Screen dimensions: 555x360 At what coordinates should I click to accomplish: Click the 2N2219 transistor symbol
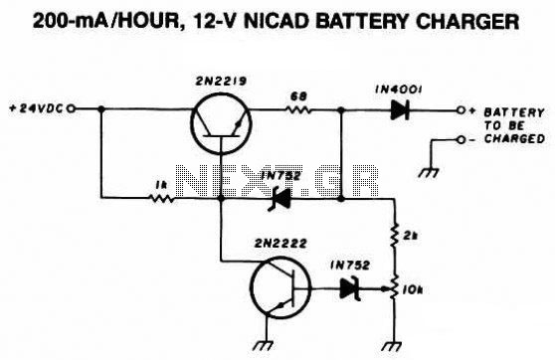221,124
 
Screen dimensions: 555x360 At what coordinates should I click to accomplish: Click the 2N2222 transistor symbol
281,287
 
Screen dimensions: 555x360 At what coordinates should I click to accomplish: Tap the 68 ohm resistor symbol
298,109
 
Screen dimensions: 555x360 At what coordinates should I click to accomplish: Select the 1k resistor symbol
162,198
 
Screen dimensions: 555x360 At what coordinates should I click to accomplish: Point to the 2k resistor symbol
394,235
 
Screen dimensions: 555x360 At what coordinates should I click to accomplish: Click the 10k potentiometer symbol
392,287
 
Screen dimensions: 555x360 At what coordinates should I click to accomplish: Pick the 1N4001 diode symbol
400,110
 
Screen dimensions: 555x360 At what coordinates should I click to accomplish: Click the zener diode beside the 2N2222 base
350,288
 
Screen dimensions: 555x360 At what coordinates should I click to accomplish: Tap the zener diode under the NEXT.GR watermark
279,199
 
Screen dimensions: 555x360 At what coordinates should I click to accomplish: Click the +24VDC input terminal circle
72,109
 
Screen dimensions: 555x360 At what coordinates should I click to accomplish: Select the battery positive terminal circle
461,110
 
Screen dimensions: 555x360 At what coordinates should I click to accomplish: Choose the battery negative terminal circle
461,140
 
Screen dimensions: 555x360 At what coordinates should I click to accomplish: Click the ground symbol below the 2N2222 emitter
264,345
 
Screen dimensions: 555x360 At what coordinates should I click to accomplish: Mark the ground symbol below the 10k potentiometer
392,346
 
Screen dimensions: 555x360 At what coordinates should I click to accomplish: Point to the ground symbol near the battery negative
429,172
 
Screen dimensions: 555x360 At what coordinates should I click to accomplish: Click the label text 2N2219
221,82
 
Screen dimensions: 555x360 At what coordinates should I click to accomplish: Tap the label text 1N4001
399,90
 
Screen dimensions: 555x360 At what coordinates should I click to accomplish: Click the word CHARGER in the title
467,21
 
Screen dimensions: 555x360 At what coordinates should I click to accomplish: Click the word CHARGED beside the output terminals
514,138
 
